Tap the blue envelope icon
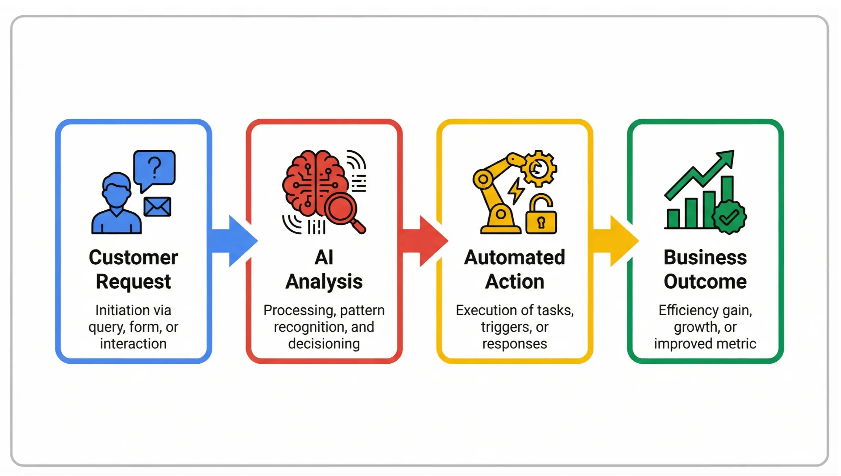tap(157, 207)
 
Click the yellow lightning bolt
tap(516, 190)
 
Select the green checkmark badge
tap(729, 217)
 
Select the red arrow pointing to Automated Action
tap(425, 241)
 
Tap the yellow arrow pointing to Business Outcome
tap(616, 241)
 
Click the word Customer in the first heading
tap(133, 257)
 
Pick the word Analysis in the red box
tap(324, 282)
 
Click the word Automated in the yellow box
tap(514, 257)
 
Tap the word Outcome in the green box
tap(705, 282)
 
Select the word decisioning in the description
tap(324, 344)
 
